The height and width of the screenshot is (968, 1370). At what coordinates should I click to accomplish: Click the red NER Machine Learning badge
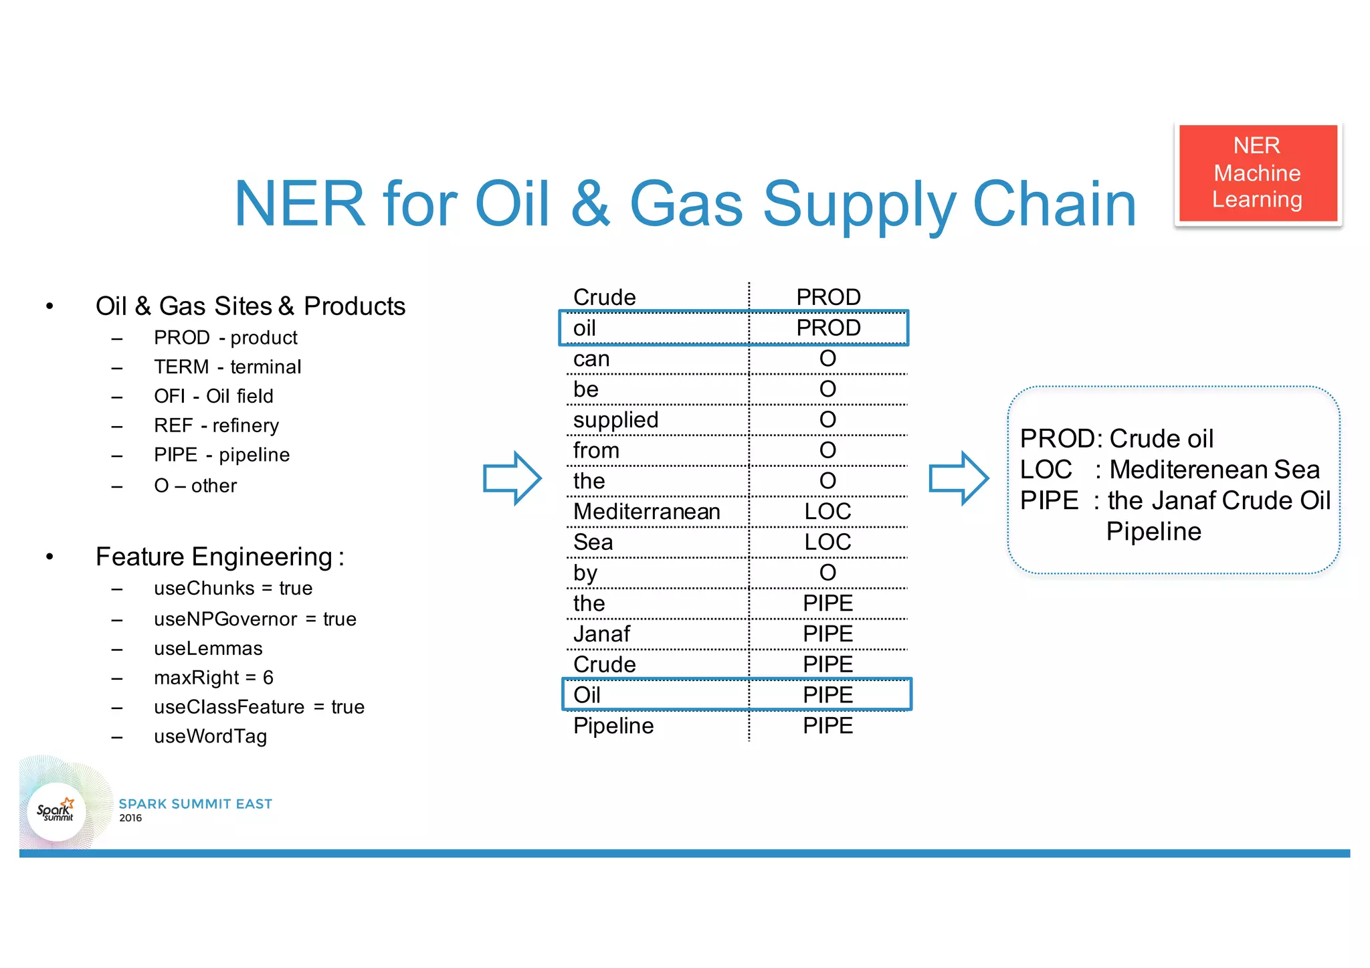(1258, 173)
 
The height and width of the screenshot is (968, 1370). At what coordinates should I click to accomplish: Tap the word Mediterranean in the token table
(647, 512)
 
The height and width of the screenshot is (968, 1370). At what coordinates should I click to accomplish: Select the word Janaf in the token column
(601, 634)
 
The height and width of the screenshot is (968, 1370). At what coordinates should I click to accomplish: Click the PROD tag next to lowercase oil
(827, 328)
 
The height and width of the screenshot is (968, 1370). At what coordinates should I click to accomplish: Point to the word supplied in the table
(615, 420)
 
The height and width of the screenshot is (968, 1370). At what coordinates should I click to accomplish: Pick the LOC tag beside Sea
(827, 542)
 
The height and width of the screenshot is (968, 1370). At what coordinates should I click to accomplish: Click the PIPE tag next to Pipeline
(827, 726)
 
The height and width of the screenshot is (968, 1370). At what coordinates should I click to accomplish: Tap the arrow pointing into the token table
(512, 478)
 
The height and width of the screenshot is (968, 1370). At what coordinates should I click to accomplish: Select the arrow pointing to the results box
(958, 478)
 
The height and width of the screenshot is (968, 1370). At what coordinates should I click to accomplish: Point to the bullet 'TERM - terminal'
(227, 367)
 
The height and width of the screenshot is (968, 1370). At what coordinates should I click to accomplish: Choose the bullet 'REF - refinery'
(216, 425)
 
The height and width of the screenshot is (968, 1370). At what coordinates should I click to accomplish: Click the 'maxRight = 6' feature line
(213, 678)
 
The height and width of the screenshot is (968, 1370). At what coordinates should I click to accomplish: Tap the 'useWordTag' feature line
(210, 737)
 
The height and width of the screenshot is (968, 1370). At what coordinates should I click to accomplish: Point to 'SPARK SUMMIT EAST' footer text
(195, 803)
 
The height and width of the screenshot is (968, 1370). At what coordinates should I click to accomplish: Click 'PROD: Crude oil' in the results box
(1116, 439)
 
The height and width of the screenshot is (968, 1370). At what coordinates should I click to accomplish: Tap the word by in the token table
(585, 573)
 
